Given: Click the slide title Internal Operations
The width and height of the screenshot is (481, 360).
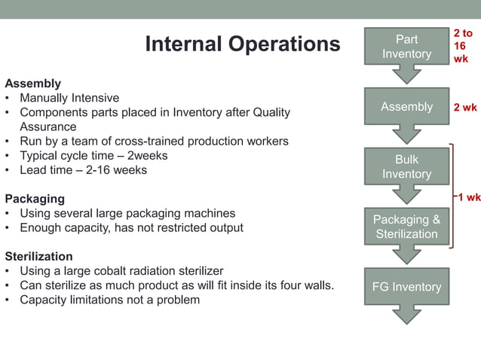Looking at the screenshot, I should tap(242, 44).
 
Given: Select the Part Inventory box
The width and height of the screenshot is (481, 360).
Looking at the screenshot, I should tap(406, 47).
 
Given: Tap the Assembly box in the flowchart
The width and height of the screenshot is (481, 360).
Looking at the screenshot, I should tap(406, 107).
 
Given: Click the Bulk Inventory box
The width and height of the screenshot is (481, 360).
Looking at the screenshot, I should tap(406, 167).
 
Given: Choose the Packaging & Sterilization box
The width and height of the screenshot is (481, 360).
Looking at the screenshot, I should tap(406, 227).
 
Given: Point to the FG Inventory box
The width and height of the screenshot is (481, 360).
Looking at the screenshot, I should tap(406, 287).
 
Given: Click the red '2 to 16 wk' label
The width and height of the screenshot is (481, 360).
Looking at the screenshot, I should tap(462, 47).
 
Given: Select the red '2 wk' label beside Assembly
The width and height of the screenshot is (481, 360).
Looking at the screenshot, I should tap(464, 108).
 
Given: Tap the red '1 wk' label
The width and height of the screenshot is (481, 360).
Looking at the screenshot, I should tap(468, 197).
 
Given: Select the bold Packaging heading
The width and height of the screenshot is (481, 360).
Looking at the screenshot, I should tap(35, 199).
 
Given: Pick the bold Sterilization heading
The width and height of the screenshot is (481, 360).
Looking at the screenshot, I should tap(39, 256).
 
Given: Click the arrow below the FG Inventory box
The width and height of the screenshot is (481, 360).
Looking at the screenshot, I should tap(406, 316).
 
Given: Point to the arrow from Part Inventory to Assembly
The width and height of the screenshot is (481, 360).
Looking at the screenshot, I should tap(406, 75).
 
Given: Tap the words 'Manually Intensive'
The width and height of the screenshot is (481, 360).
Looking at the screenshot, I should tap(69, 98).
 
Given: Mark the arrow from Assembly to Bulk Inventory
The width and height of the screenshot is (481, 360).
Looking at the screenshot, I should tap(406, 135).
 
